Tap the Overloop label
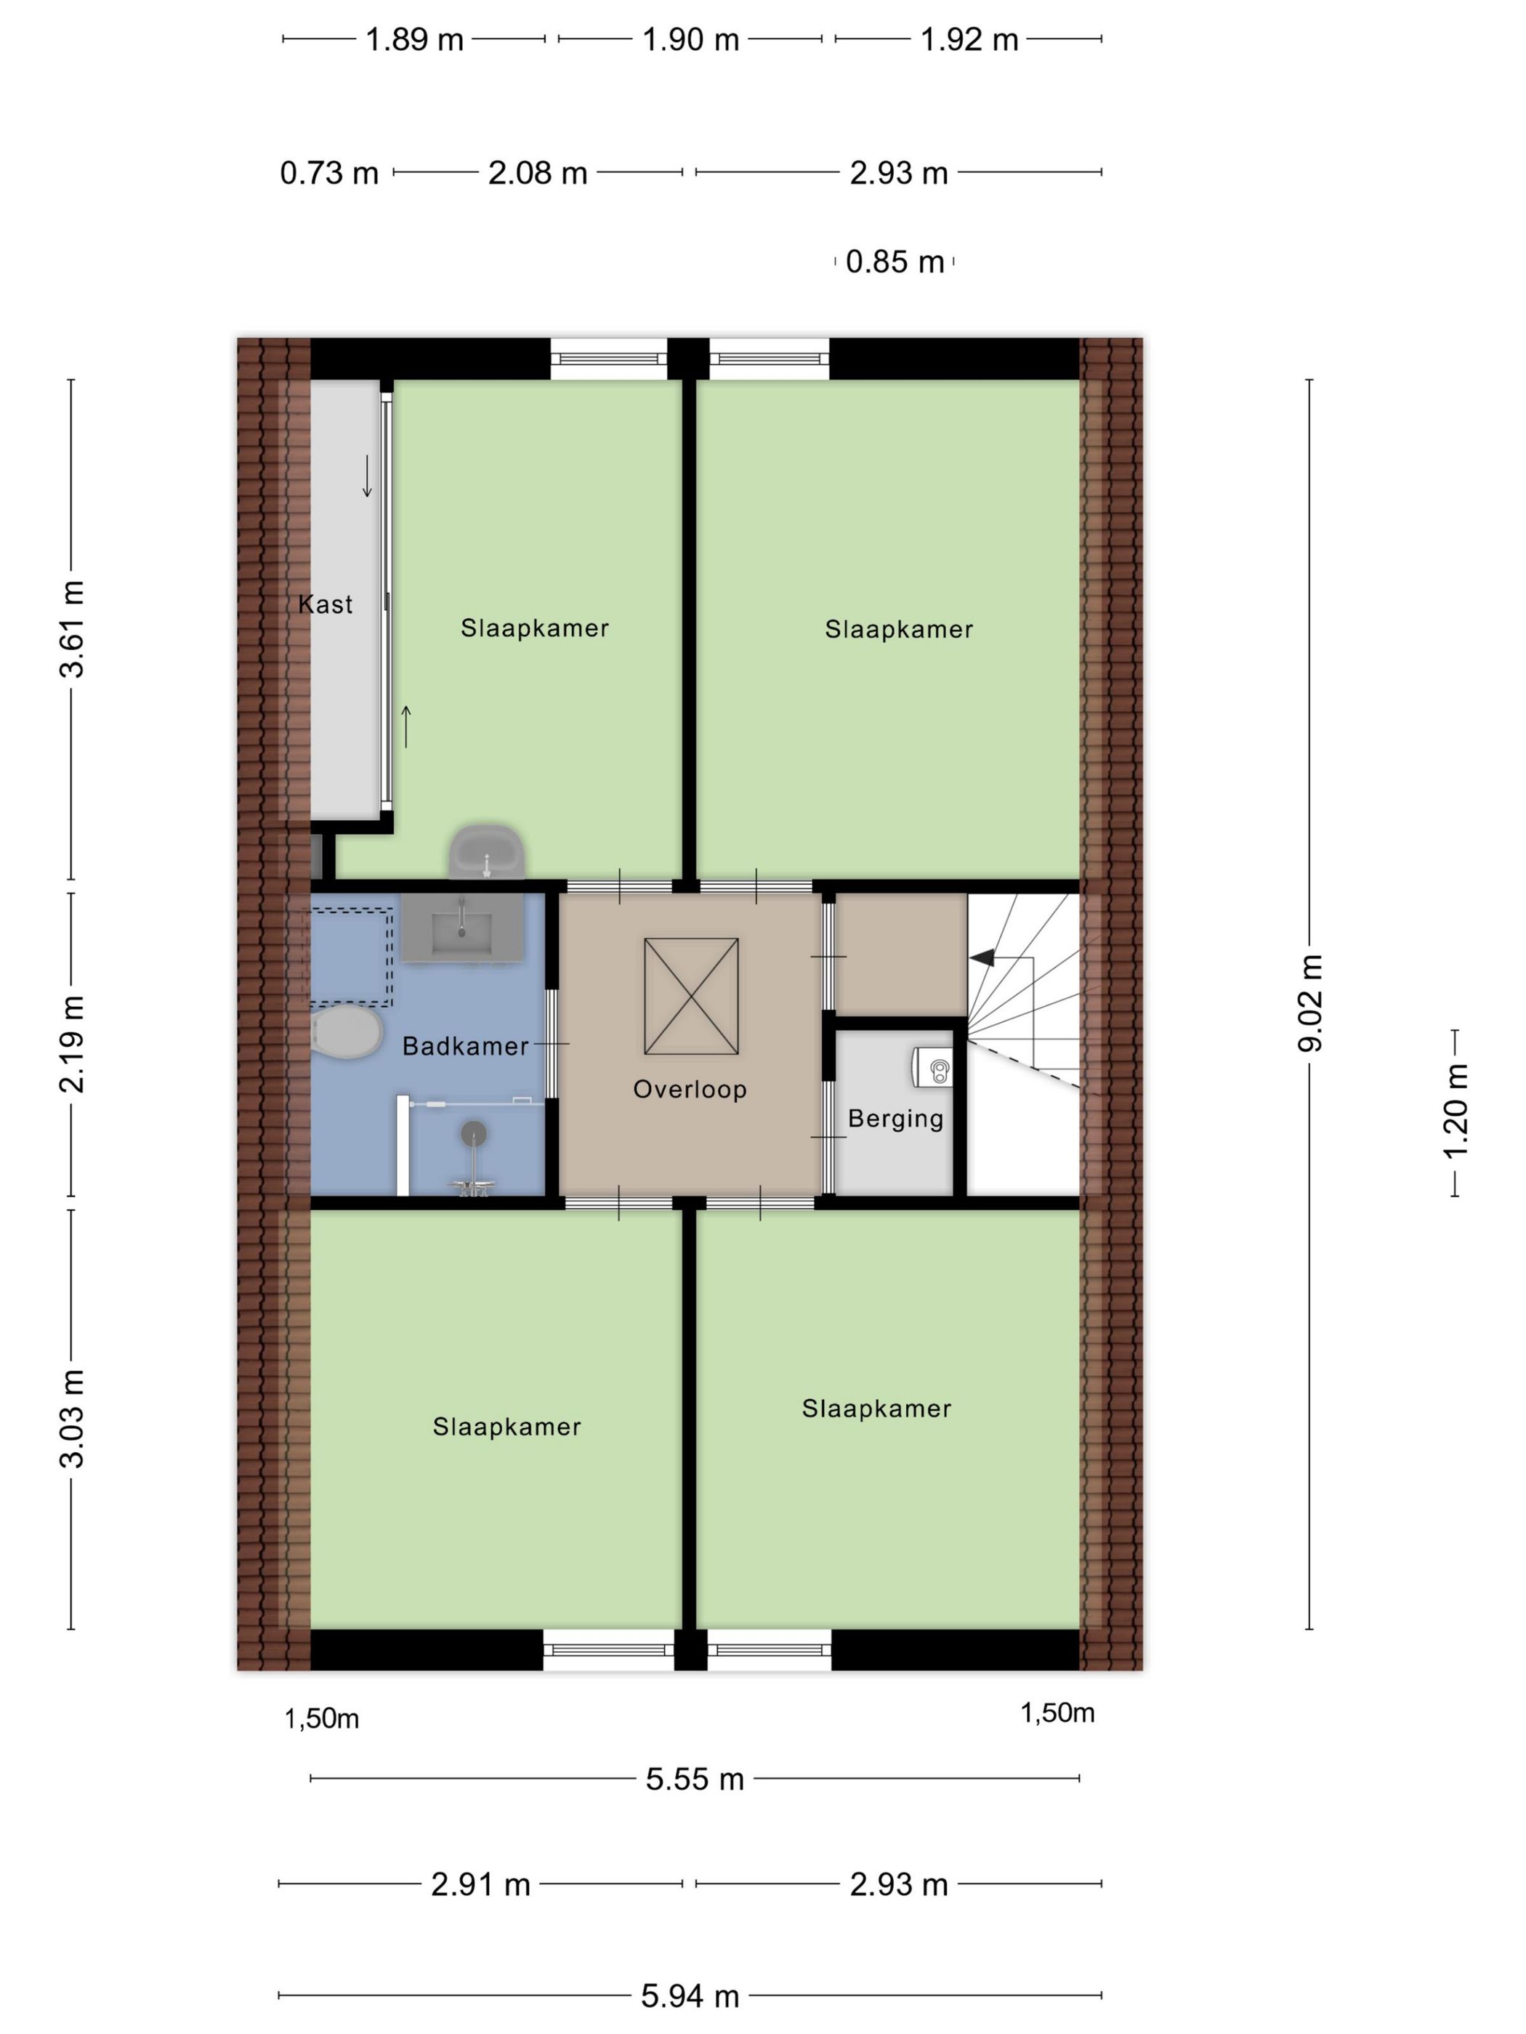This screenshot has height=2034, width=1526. point(689,1090)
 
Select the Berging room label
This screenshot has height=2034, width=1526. point(895,1119)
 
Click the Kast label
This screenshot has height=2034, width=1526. point(325,604)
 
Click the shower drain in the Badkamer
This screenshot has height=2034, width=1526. point(474,1133)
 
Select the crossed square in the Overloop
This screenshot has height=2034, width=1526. point(691,996)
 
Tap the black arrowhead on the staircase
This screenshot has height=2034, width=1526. point(982,957)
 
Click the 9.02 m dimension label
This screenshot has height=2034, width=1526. point(1310,1002)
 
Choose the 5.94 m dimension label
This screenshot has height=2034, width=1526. point(690,1996)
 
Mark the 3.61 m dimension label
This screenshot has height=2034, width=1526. point(72,629)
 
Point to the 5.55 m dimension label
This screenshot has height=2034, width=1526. point(695,1779)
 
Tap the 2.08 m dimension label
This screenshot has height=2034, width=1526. point(537,173)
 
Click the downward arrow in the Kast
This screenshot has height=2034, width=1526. point(367,477)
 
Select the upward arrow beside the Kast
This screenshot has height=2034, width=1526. point(405,726)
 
